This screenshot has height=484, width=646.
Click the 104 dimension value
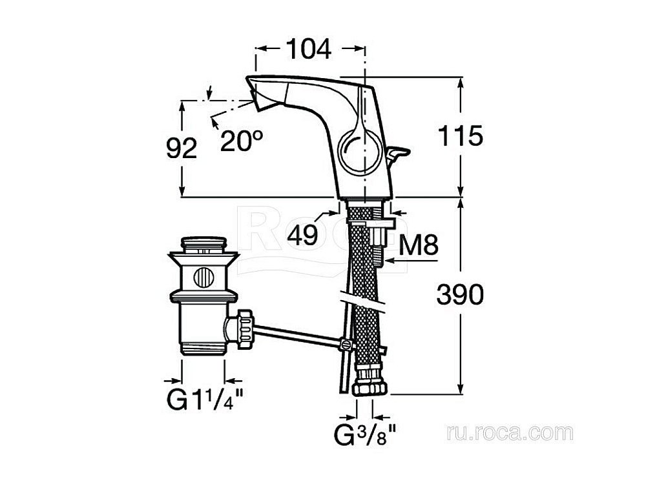coord(308,49)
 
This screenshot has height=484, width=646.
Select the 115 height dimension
coord(460,136)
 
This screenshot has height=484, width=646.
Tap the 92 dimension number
coord(182,149)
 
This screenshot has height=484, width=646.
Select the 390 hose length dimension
coord(460,295)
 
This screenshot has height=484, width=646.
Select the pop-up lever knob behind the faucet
coord(399,152)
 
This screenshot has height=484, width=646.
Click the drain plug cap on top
coord(204,245)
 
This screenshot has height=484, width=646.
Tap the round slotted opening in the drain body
coord(204,278)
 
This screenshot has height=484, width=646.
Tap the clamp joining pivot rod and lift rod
coord(348,345)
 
